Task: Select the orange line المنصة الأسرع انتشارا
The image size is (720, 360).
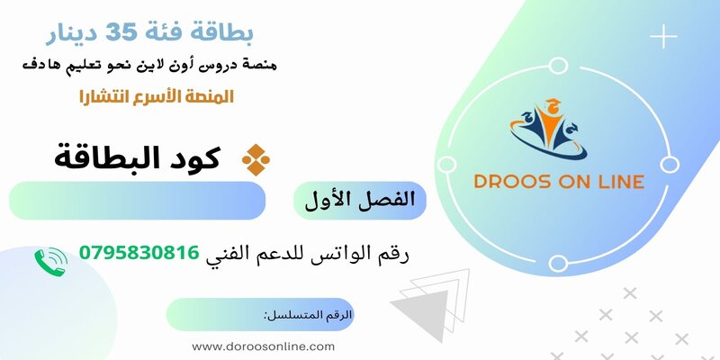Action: (x=155, y=96)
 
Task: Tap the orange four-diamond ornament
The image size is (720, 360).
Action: (x=256, y=159)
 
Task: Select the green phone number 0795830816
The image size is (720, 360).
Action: (x=139, y=254)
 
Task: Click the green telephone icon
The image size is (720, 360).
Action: (x=50, y=261)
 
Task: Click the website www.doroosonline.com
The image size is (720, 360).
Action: (x=264, y=346)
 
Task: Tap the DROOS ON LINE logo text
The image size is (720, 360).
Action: (x=559, y=182)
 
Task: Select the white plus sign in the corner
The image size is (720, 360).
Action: (x=663, y=38)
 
